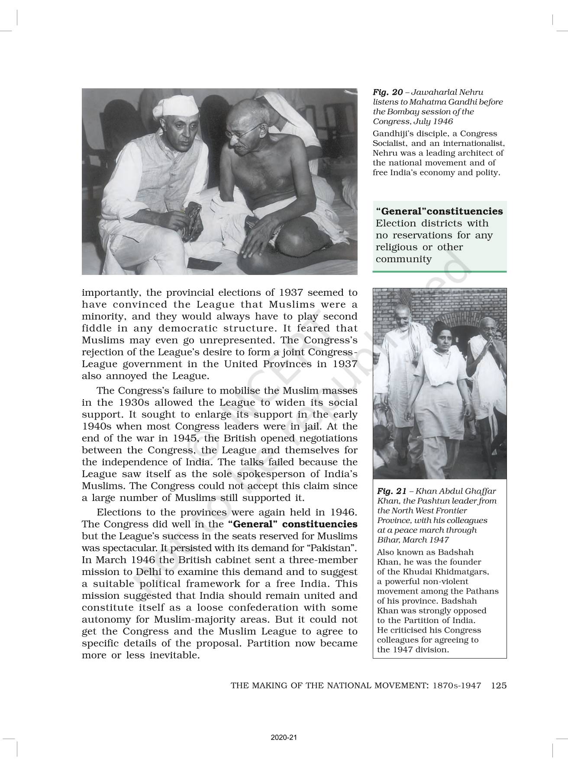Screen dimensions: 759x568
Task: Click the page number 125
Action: (499, 686)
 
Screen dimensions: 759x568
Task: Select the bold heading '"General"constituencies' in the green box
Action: (439, 211)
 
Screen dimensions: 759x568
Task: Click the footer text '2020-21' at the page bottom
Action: (284, 738)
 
